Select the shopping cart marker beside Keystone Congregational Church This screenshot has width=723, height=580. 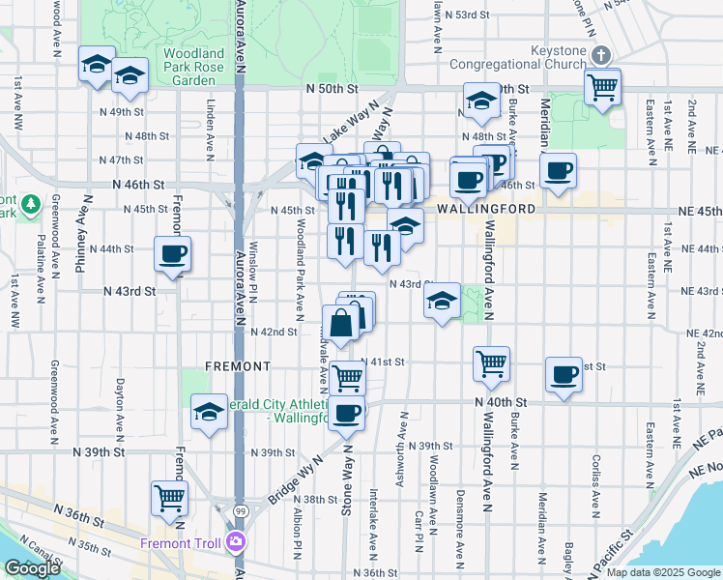(603, 87)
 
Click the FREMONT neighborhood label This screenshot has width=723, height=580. (238, 366)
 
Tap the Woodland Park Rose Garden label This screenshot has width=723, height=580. (193, 60)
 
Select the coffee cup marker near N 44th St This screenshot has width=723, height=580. (172, 255)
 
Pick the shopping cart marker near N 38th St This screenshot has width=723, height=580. (170, 499)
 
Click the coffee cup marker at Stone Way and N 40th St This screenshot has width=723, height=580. (347, 413)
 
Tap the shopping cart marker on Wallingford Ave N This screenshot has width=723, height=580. (491, 363)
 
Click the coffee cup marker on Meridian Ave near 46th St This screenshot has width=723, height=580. (559, 171)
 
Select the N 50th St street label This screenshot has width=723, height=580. (332, 88)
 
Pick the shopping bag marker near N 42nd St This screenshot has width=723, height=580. (342, 325)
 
